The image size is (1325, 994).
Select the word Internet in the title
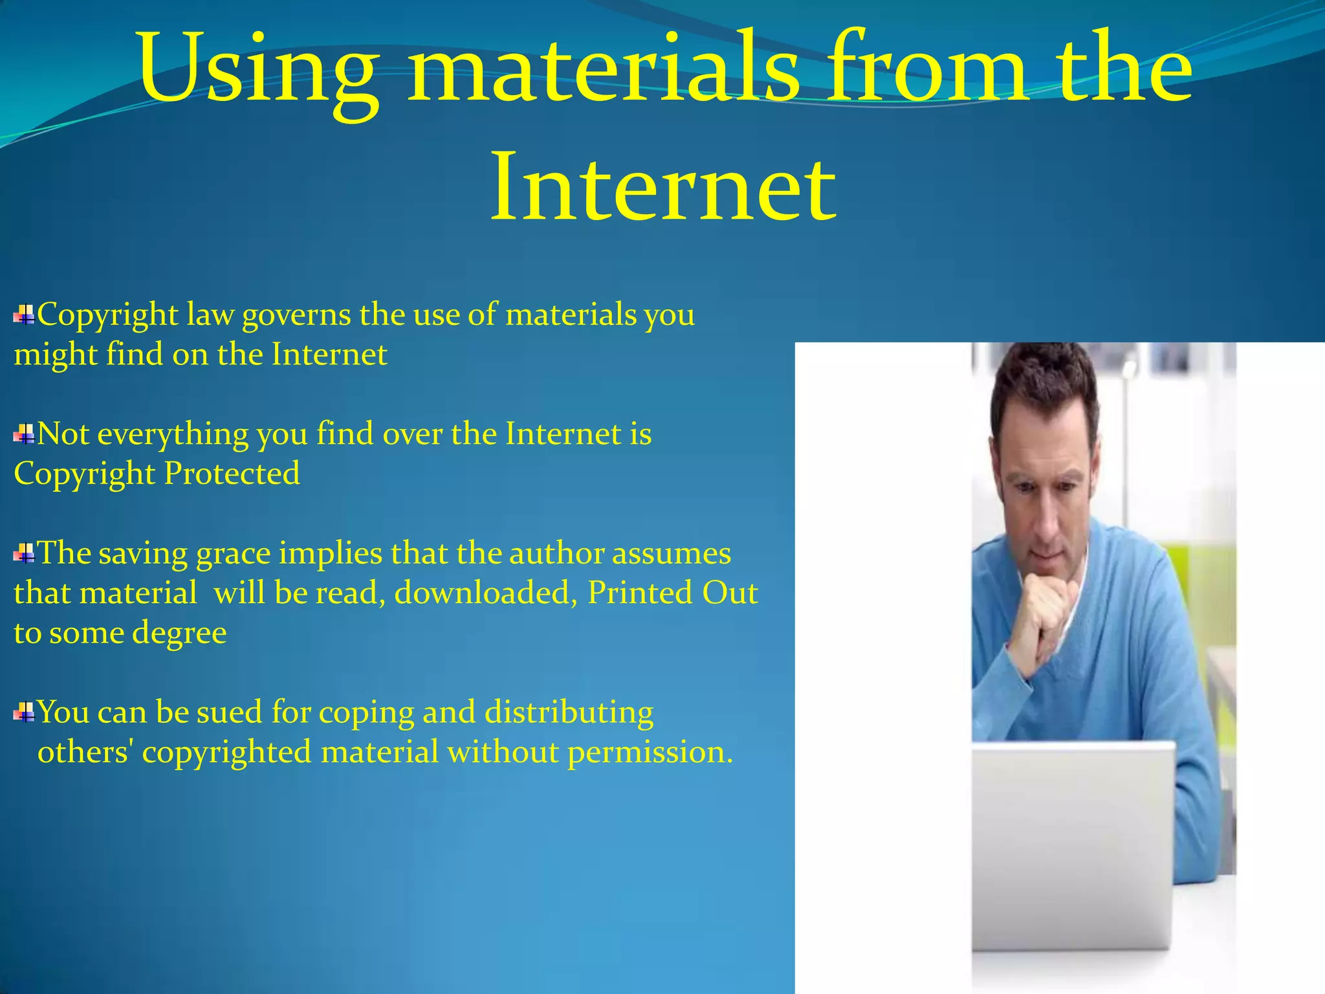point(663,188)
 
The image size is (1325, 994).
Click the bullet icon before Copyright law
point(24,315)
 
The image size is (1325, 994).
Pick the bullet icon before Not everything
point(24,434)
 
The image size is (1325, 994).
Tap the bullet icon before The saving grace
point(24,554)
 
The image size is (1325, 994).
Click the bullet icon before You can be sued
point(24,712)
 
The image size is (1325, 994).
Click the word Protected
point(232,474)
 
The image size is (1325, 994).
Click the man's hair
point(1042,382)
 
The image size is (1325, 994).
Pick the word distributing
point(569,712)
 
